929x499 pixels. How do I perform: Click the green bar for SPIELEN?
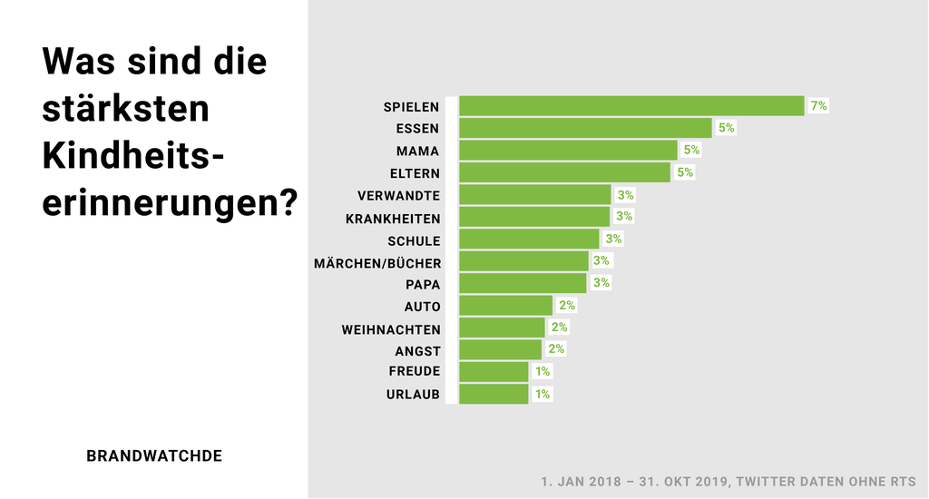(x=631, y=106)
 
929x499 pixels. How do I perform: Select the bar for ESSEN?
(x=585, y=128)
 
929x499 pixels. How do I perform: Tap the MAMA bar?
(x=568, y=151)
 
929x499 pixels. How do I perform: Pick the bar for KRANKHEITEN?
(x=534, y=217)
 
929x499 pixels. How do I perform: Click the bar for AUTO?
(x=505, y=305)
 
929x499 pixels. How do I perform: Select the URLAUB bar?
(x=494, y=394)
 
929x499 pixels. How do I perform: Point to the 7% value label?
(x=818, y=106)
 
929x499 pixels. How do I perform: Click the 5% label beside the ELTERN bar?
(x=685, y=172)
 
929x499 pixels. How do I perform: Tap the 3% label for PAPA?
(x=601, y=283)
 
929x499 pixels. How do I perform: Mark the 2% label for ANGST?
(x=556, y=349)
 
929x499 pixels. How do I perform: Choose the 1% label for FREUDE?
(x=543, y=371)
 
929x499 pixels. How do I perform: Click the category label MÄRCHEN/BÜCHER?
(x=377, y=263)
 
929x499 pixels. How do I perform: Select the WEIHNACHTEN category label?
(x=391, y=329)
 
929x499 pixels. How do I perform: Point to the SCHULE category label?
(x=414, y=241)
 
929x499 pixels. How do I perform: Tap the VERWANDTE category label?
(x=399, y=195)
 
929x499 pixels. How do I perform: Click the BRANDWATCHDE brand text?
(x=154, y=456)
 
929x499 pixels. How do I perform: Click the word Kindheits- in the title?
(x=132, y=156)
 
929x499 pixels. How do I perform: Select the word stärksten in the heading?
(x=126, y=109)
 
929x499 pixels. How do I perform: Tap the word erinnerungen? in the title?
(x=170, y=201)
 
